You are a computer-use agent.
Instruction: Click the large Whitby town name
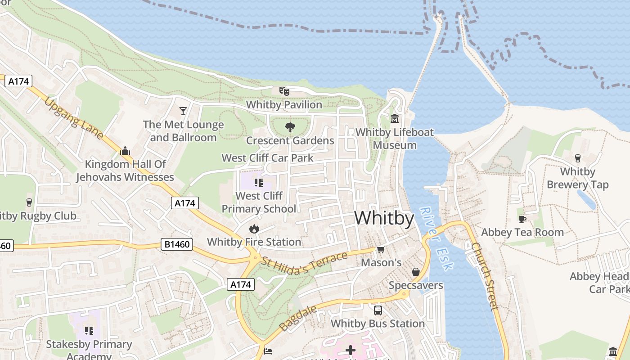pyautogui.click(x=384, y=218)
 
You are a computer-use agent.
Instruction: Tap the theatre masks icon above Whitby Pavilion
pyautogui.click(x=284, y=91)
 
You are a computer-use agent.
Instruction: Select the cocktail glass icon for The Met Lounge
pyautogui.click(x=183, y=111)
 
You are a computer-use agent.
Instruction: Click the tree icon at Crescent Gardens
pyautogui.click(x=290, y=127)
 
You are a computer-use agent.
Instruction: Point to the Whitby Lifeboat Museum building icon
pyautogui.click(x=395, y=119)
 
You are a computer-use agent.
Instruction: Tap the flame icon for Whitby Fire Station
pyautogui.click(x=254, y=229)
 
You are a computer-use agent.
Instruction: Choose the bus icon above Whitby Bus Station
pyautogui.click(x=378, y=310)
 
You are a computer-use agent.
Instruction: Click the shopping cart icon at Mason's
pyautogui.click(x=381, y=249)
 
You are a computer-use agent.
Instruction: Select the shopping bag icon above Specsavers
pyautogui.click(x=416, y=272)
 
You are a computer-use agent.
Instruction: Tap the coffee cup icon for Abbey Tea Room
pyautogui.click(x=522, y=219)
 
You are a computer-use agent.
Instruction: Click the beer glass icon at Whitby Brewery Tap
pyautogui.click(x=578, y=158)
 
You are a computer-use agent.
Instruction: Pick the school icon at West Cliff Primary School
pyautogui.click(x=258, y=183)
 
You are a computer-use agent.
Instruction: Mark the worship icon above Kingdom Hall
pyautogui.click(x=125, y=151)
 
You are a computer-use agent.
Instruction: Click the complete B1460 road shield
pyautogui.click(x=177, y=245)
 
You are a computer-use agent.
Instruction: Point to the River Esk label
pyautogui.click(x=436, y=238)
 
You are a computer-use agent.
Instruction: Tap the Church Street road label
pyautogui.click(x=485, y=276)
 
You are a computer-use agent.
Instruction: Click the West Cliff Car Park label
pyautogui.click(x=267, y=158)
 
